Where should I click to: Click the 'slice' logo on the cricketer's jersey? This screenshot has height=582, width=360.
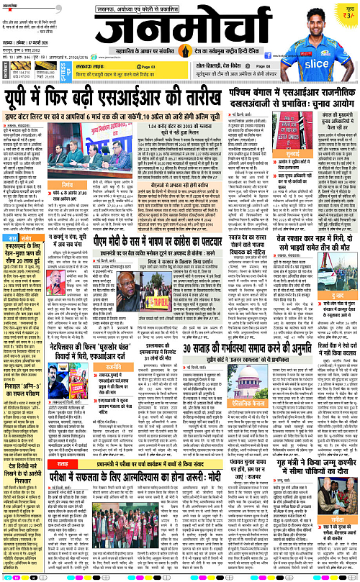326,42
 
